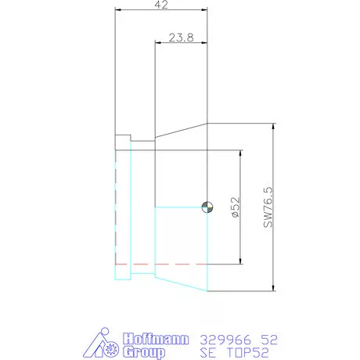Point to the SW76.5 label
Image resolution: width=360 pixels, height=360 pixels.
point(268,207)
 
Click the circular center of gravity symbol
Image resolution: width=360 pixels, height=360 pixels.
point(207,207)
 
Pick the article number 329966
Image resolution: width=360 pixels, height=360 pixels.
point(225,340)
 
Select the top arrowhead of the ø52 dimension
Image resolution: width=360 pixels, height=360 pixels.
point(239,153)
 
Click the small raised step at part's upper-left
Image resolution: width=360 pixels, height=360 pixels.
point(123,142)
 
